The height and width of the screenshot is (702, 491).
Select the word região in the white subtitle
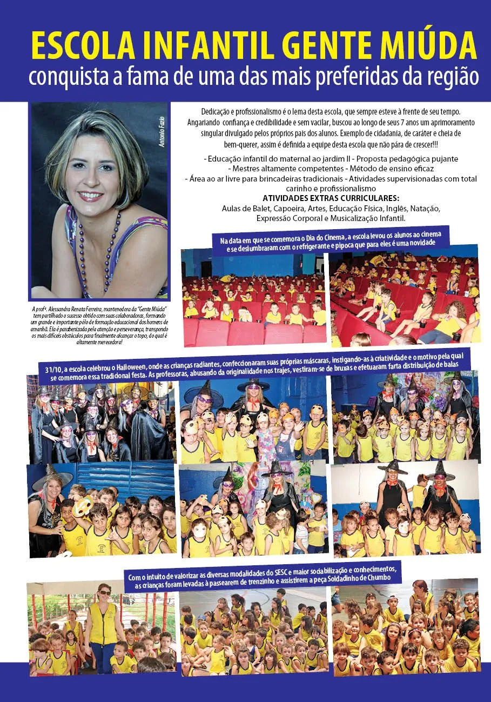453,76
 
